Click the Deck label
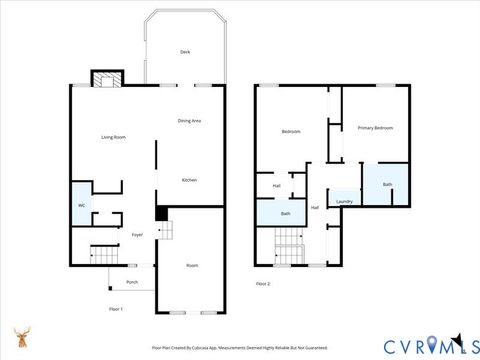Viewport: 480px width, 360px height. [x=185, y=52]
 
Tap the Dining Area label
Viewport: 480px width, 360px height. [x=190, y=121]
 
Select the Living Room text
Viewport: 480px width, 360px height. [x=113, y=137]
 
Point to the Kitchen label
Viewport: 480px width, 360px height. [x=189, y=180]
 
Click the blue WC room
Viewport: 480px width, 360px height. [x=81, y=206]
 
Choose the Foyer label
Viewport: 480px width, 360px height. [x=137, y=235]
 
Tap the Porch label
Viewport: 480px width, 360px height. [x=132, y=282]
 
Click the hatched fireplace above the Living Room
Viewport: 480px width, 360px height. [x=105, y=78]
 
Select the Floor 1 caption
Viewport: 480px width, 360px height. [x=116, y=310]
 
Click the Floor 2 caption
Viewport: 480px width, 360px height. [x=263, y=284]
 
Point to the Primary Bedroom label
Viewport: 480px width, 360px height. [x=375, y=128]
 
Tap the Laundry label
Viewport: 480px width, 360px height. [x=344, y=202]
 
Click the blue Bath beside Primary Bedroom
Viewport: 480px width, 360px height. [x=386, y=185]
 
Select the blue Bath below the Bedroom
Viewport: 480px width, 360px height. [x=285, y=213]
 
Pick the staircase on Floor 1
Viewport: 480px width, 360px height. [x=104, y=255]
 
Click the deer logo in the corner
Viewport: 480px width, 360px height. [x=21, y=337]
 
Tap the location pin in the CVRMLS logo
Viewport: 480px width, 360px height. [x=432, y=345]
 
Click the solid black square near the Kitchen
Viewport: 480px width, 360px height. [x=161, y=213]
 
